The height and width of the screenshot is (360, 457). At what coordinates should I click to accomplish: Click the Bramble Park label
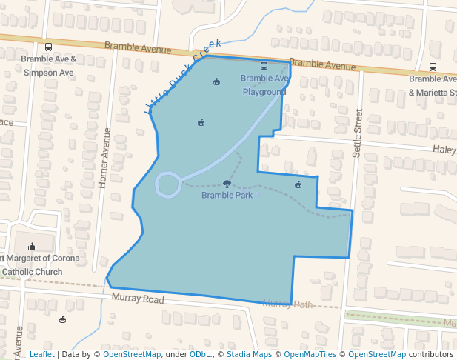point(227,196)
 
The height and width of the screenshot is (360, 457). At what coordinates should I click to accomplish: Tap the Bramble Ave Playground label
point(264,84)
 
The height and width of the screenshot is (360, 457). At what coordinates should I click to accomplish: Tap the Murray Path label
point(288,304)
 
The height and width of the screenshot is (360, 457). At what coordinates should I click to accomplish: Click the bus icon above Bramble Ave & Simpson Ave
point(49,47)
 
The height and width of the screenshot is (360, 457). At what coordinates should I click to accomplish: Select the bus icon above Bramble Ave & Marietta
point(433,67)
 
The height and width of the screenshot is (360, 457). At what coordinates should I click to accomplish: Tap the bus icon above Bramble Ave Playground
point(264,66)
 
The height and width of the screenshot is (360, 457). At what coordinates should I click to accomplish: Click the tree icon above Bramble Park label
point(227,183)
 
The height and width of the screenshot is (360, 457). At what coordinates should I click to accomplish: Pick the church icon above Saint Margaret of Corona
point(32,246)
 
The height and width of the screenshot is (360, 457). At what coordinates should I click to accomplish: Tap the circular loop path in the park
point(168,184)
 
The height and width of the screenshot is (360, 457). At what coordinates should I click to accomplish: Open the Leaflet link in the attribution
point(41,354)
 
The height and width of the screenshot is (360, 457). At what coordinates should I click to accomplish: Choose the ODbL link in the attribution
point(199,354)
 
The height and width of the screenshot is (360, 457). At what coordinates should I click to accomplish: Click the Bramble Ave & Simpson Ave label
point(49,65)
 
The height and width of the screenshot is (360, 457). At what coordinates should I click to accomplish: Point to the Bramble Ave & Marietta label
point(433,85)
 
